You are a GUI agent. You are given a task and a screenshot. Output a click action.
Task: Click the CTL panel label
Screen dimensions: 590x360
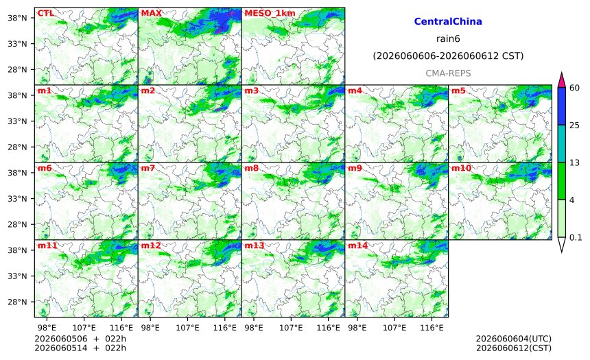[x=45, y=13]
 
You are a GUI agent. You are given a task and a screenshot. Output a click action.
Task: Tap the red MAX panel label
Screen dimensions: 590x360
[x=151, y=13]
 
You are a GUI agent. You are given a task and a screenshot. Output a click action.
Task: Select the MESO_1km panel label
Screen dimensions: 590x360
[x=270, y=14]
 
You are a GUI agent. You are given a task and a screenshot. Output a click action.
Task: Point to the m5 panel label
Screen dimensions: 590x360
[x=458, y=91]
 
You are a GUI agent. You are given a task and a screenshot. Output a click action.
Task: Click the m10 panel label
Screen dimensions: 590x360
[x=461, y=168]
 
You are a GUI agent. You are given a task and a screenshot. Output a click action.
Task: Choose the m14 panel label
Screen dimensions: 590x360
[x=357, y=245]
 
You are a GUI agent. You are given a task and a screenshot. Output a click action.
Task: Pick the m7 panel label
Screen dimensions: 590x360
[x=148, y=168]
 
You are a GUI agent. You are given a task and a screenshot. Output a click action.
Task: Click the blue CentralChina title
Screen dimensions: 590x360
[x=448, y=21]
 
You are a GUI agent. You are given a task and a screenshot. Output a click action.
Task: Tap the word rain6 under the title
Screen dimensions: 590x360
[x=448, y=39]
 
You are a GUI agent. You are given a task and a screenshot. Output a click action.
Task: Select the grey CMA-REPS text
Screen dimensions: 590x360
[x=448, y=73]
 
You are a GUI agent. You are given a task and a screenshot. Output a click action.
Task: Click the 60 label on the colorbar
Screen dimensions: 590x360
[x=574, y=88]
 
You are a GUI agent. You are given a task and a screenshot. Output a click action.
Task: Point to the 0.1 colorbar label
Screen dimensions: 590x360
[x=576, y=237]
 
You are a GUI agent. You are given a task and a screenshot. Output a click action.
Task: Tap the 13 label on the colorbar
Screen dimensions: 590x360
[x=574, y=163]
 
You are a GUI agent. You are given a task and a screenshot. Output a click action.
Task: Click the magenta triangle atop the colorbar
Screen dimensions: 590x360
[x=561, y=80]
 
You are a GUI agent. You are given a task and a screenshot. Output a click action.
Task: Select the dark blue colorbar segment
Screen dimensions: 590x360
[x=561, y=106]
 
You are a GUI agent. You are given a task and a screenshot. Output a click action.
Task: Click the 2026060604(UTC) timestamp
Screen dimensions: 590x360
[x=514, y=339]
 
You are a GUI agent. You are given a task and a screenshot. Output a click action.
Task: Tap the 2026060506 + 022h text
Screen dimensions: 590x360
[x=80, y=339]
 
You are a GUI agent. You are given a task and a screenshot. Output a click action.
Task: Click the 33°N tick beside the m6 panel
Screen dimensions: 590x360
[x=17, y=199]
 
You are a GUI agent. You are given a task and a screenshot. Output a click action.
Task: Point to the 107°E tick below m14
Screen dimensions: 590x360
[x=394, y=328]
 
